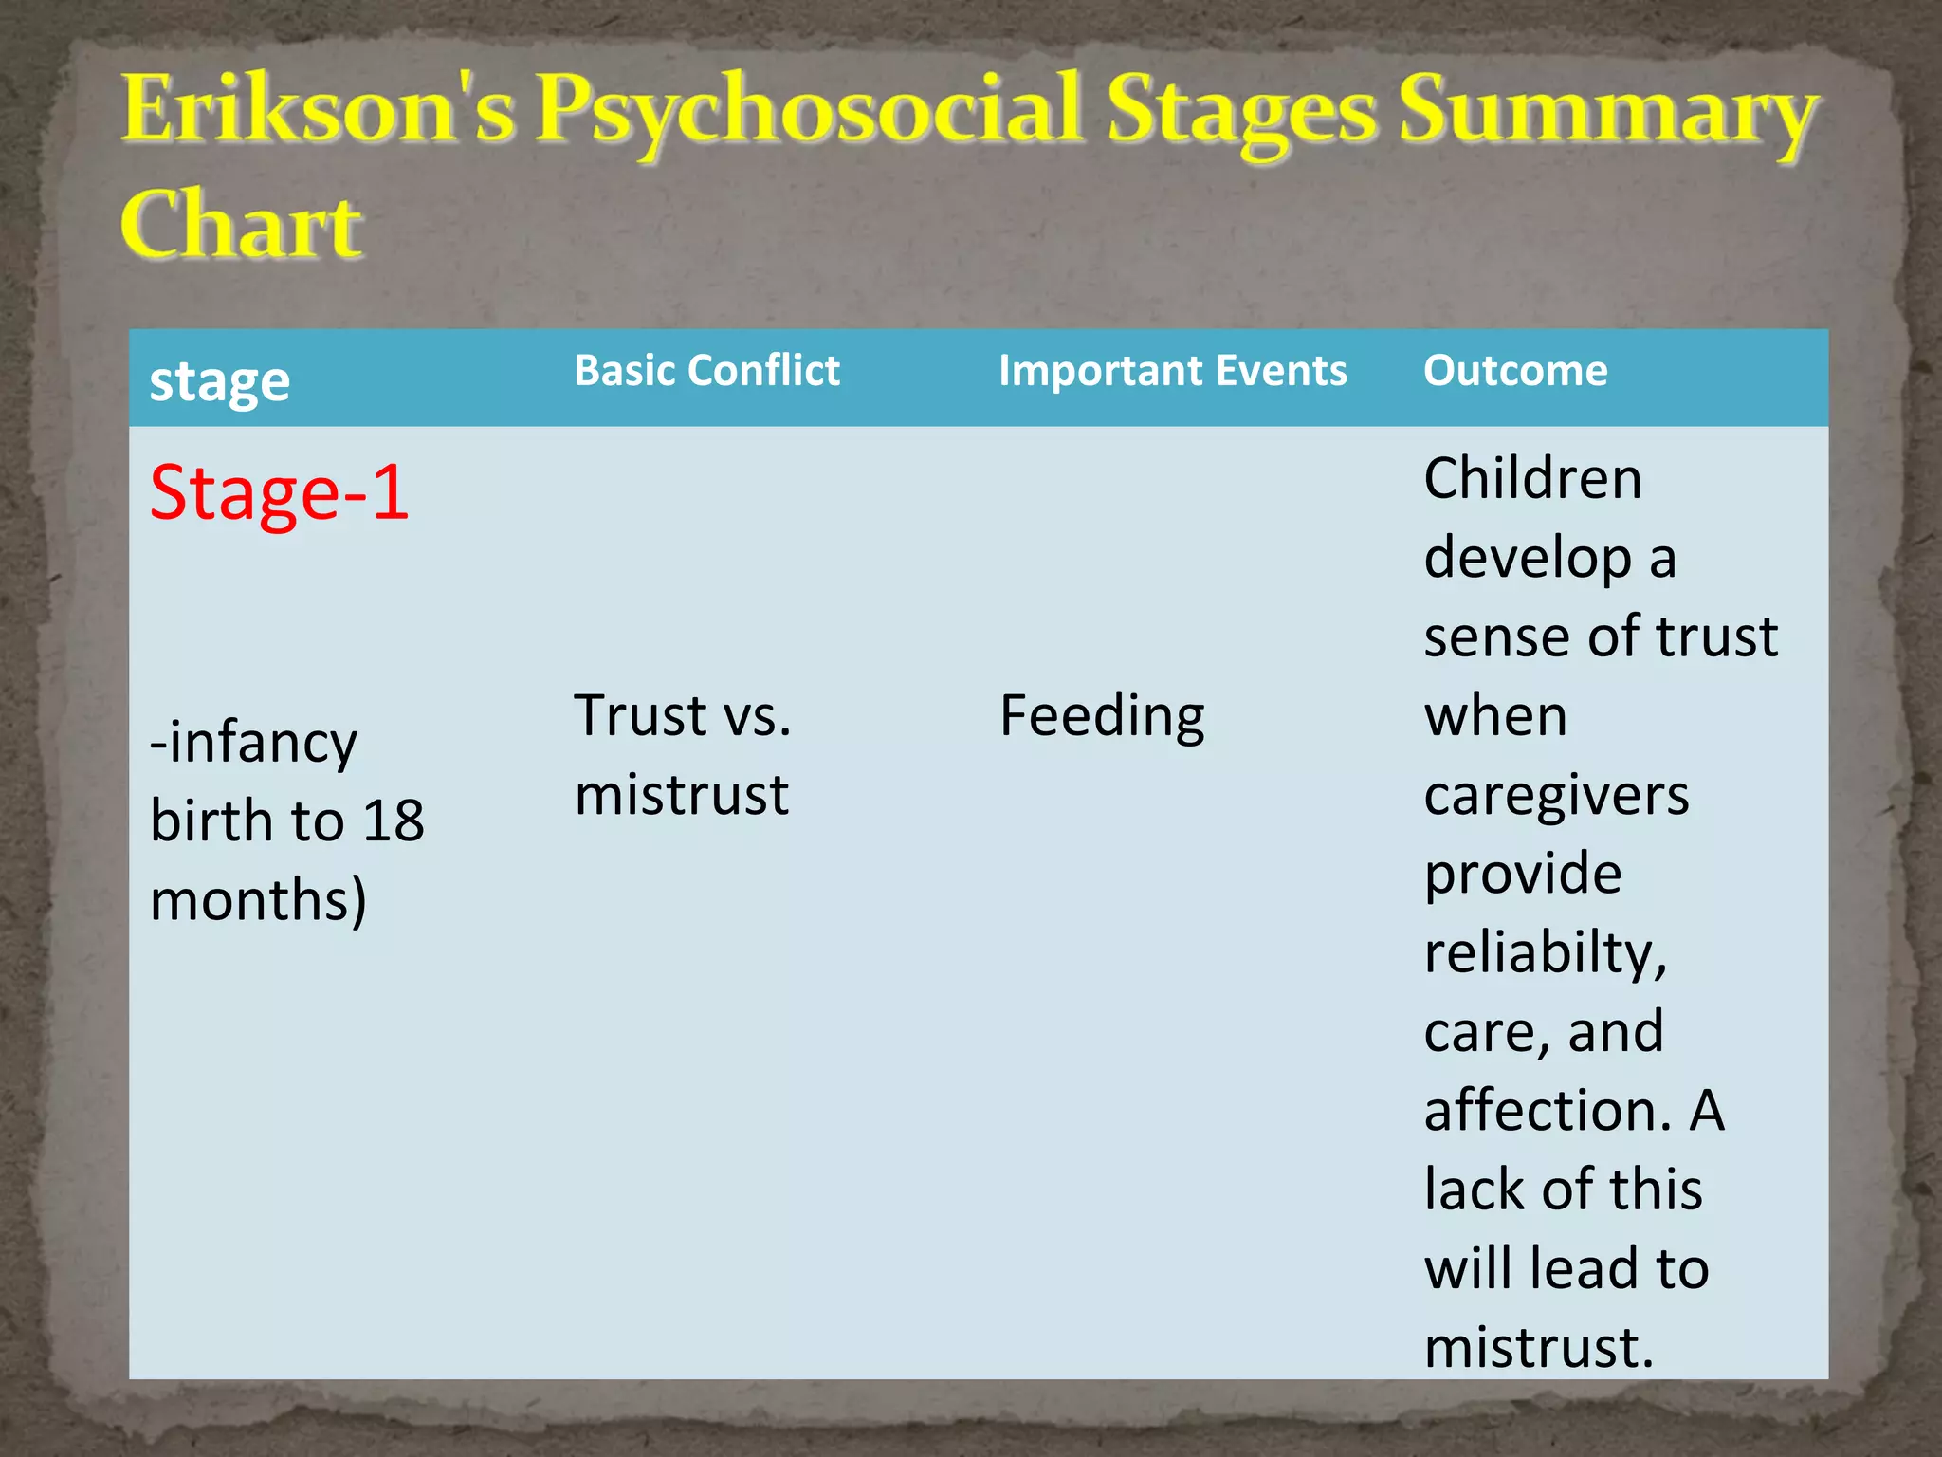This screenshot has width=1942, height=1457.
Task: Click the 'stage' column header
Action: coord(220,381)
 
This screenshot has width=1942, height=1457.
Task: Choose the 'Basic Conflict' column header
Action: coord(706,371)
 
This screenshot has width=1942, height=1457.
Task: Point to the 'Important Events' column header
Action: coord(1172,371)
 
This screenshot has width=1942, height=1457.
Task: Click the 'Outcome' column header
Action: coord(1515,371)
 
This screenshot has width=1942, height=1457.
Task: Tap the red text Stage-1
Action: coord(279,493)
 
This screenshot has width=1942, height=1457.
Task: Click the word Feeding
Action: coord(1102,716)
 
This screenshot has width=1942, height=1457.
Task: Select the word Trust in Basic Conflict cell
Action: coord(641,715)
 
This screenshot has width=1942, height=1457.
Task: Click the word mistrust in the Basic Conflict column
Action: coord(681,795)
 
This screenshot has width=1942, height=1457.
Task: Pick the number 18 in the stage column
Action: coord(393,821)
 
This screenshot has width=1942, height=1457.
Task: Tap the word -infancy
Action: coord(253,743)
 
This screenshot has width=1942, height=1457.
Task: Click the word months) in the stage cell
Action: coord(258,900)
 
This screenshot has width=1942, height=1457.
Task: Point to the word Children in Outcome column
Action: coord(1532,478)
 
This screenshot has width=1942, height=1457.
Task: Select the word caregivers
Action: coord(1556,795)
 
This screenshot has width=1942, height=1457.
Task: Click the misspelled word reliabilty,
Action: coord(1545,952)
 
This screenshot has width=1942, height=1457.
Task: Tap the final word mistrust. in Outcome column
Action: coord(1538,1347)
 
